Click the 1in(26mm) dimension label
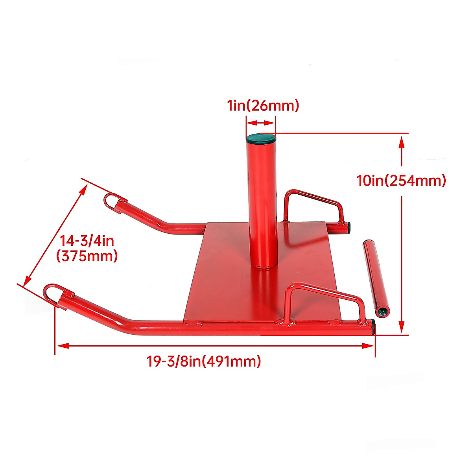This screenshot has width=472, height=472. (263, 106)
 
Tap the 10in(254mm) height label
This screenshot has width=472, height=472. (401, 181)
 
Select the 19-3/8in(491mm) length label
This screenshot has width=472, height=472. (204, 361)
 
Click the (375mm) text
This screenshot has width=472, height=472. (87, 256)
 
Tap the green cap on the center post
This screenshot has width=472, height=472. (260, 138)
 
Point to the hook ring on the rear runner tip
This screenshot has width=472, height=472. (111, 201)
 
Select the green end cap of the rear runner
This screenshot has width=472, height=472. (348, 228)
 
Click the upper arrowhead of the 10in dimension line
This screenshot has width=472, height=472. (401, 140)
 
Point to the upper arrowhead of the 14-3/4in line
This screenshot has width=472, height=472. (83, 190)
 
